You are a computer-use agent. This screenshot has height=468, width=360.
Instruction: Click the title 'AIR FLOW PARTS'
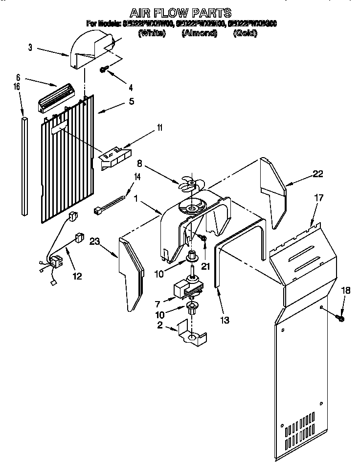click(180, 12)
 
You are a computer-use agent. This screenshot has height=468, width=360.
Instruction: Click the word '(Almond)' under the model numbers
click(199, 33)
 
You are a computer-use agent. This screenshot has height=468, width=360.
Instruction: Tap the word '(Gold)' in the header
click(246, 33)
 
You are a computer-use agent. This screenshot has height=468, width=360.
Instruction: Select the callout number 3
click(30, 47)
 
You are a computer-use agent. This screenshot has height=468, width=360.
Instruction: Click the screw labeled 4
click(103, 70)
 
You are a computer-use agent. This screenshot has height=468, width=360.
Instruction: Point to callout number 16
click(17, 86)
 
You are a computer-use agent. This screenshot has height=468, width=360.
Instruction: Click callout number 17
click(319, 199)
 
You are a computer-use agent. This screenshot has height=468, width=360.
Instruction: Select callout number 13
click(225, 320)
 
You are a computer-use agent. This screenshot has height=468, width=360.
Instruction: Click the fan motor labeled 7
click(186, 289)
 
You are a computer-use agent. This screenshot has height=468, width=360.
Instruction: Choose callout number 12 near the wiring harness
click(76, 276)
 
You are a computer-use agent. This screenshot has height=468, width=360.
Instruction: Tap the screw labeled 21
click(203, 237)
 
